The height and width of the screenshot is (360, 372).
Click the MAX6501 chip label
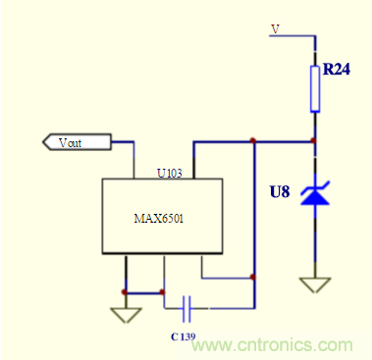[160, 220]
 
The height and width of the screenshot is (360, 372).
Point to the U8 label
[280, 192]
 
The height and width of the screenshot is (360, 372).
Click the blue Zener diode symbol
[314, 195]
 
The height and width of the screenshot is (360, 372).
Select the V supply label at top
[276, 29]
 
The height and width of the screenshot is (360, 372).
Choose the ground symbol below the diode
[314, 284]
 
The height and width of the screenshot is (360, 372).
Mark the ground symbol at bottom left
[125, 315]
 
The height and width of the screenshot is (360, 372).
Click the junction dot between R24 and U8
[314, 141]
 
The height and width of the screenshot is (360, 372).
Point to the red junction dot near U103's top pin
[253, 141]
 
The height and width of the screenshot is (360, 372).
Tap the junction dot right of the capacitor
[253, 278]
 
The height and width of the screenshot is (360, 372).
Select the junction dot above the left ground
[125, 291]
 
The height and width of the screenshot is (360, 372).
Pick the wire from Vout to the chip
[122, 143]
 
